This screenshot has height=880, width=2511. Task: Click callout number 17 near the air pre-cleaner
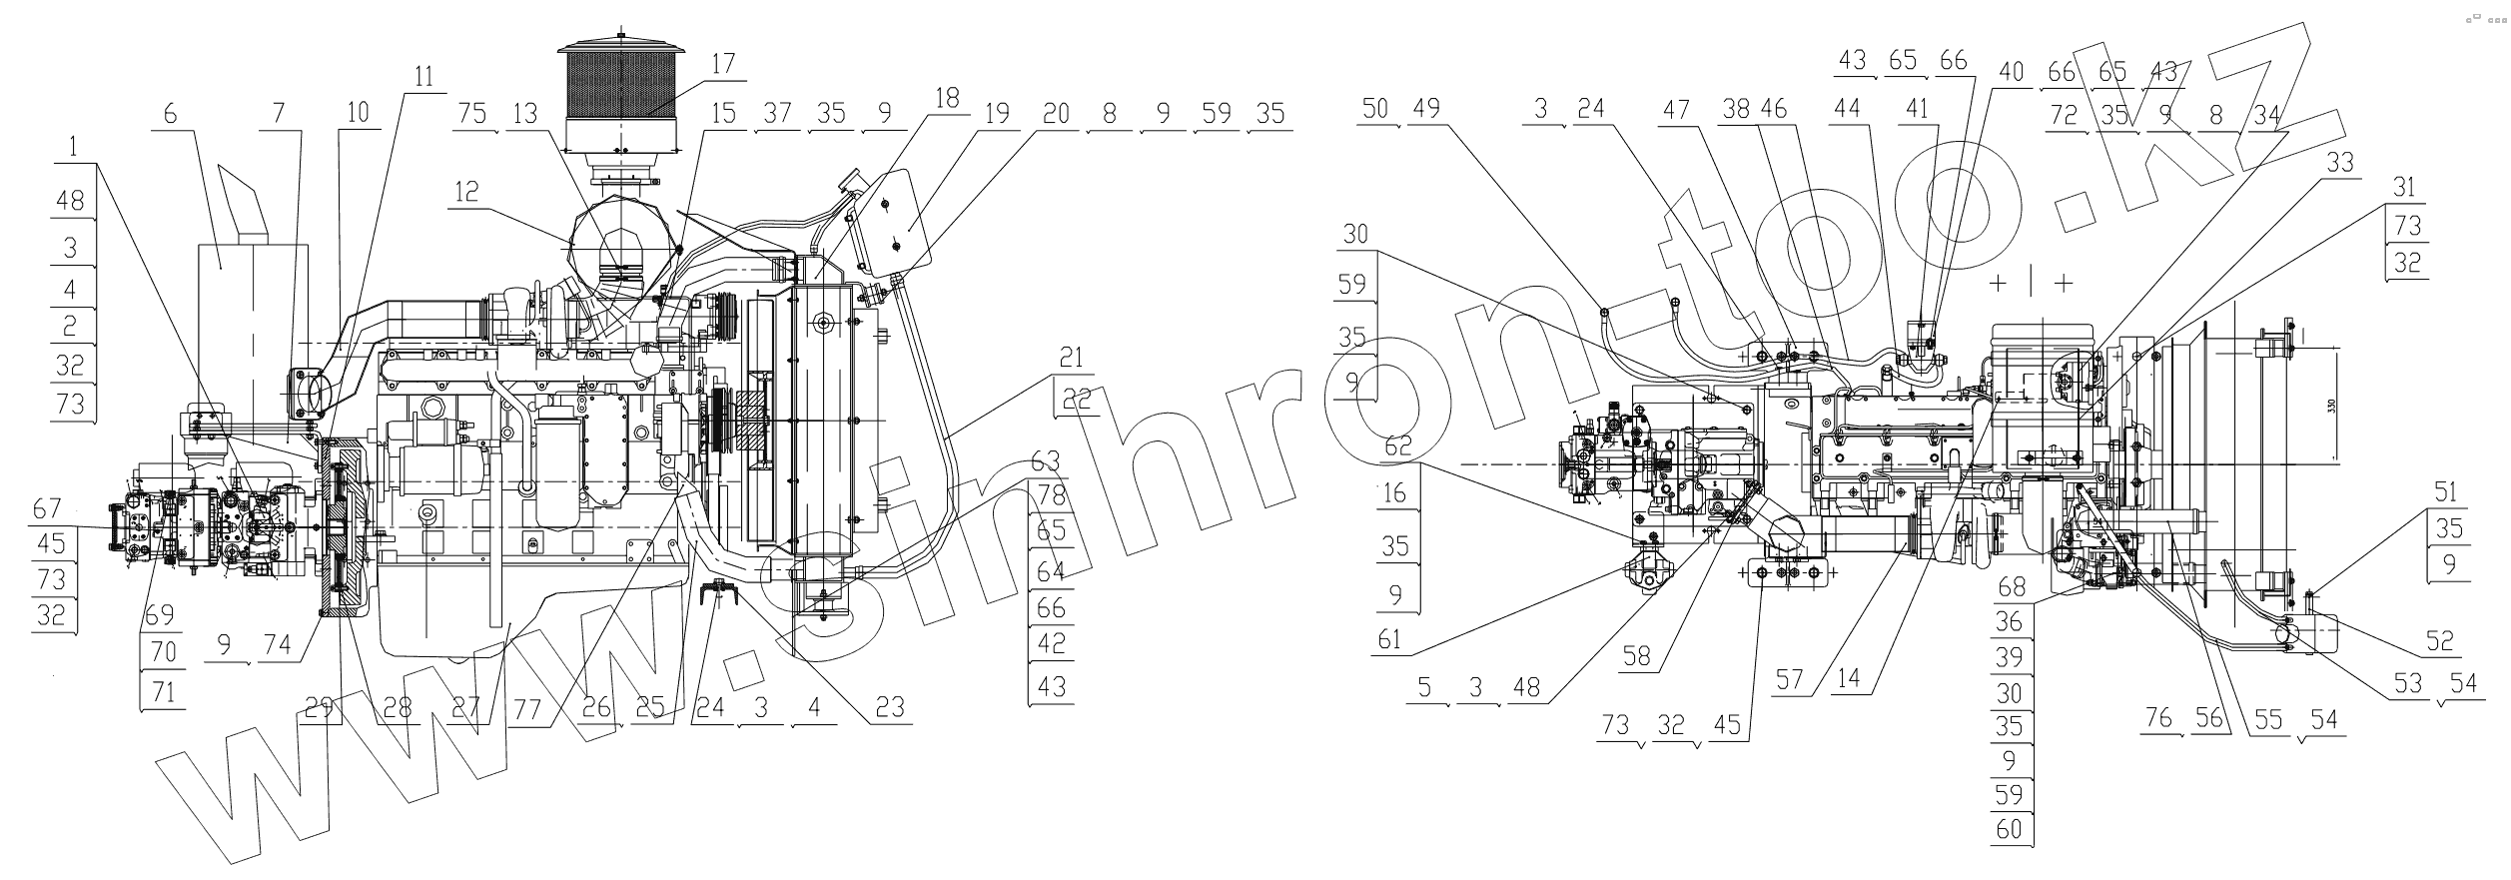[723, 63]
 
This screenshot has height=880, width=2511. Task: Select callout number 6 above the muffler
[170, 113]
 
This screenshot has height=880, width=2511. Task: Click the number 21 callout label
[1071, 357]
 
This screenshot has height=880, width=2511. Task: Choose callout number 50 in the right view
[1375, 109]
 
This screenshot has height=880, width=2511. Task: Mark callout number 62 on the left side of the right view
[1398, 446]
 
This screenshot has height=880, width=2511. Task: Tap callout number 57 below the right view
[1789, 681]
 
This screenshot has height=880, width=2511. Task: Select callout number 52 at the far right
[2439, 640]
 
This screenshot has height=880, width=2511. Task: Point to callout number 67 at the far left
[47, 508]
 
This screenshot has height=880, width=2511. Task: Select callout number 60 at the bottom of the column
[2009, 828]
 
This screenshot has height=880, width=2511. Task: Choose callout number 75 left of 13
[472, 113]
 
